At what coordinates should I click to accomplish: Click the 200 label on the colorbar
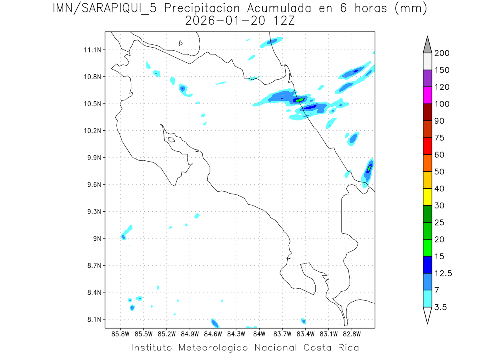pos(442,53)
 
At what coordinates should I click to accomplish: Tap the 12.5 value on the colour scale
pos(443,273)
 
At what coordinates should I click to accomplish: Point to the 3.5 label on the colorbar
pos(441,307)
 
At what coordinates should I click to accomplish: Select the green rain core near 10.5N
pos(300,100)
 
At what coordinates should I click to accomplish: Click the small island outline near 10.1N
pos(171,140)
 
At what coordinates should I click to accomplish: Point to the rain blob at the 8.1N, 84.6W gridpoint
pos(214,322)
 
